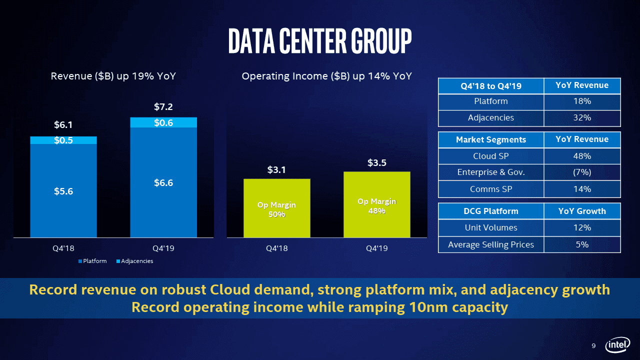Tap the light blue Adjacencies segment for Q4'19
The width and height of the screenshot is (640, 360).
pyautogui.click(x=163, y=122)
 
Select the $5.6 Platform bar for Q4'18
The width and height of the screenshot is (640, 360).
pyautogui.click(x=63, y=191)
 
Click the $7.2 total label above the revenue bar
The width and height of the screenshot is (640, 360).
pyautogui.click(x=163, y=106)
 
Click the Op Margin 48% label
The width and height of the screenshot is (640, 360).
pyautogui.click(x=376, y=206)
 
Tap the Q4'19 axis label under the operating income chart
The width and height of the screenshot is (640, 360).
pyautogui.click(x=376, y=248)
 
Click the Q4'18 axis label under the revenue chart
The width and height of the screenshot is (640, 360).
pyautogui.click(x=63, y=248)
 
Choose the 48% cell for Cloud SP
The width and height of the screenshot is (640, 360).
pyautogui.click(x=582, y=156)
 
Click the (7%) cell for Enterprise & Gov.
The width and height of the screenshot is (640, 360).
pyautogui.click(x=582, y=172)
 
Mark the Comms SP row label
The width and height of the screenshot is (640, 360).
pyautogui.click(x=490, y=189)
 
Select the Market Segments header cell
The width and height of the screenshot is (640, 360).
pyautogui.click(x=490, y=139)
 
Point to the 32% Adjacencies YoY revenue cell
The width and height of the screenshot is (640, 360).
pyautogui.click(x=582, y=118)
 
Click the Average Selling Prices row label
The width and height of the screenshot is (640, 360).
pyautogui.click(x=490, y=244)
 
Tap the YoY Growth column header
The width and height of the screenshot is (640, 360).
pyautogui.click(x=582, y=211)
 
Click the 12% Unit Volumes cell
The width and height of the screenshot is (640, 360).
pyautogui.click(x=582, y=227)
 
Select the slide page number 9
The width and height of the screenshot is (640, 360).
pyautogui.click(x=593, y=346)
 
